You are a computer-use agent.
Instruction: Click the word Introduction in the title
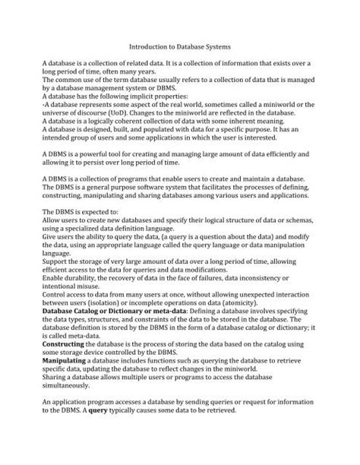pyautogui.click(x=149, y=46)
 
